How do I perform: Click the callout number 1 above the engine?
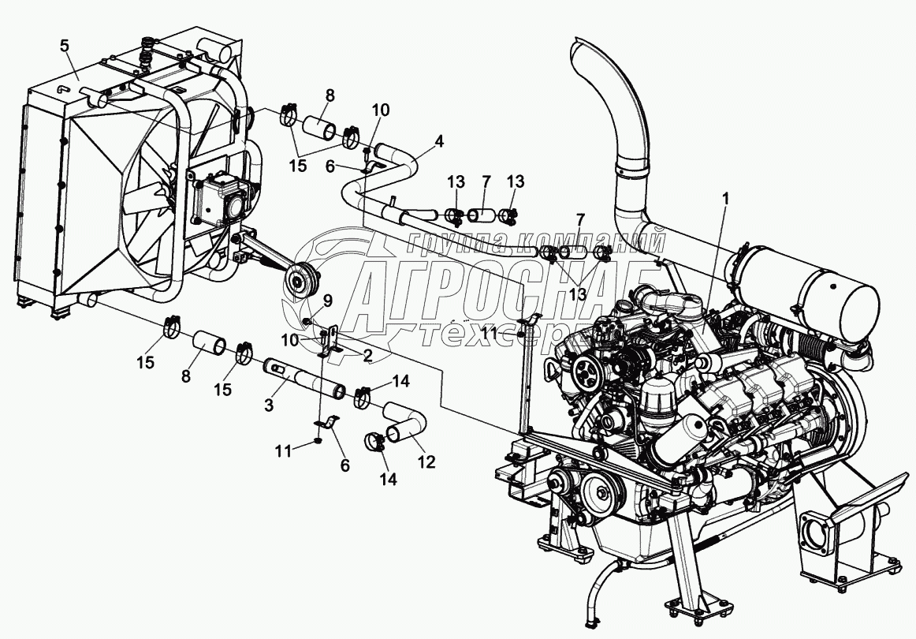725,199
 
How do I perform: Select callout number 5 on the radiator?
65,45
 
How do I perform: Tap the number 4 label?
439,142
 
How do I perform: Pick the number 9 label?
327,301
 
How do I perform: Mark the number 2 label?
367,355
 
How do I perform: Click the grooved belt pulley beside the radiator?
300,280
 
